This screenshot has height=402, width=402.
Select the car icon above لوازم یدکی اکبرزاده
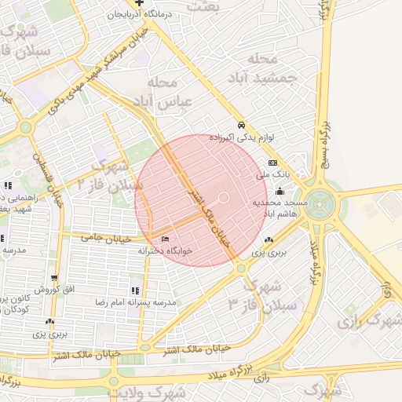(242, 126)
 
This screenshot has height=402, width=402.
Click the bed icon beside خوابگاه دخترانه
(165, 239)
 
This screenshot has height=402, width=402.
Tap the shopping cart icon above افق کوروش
(54, 278)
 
